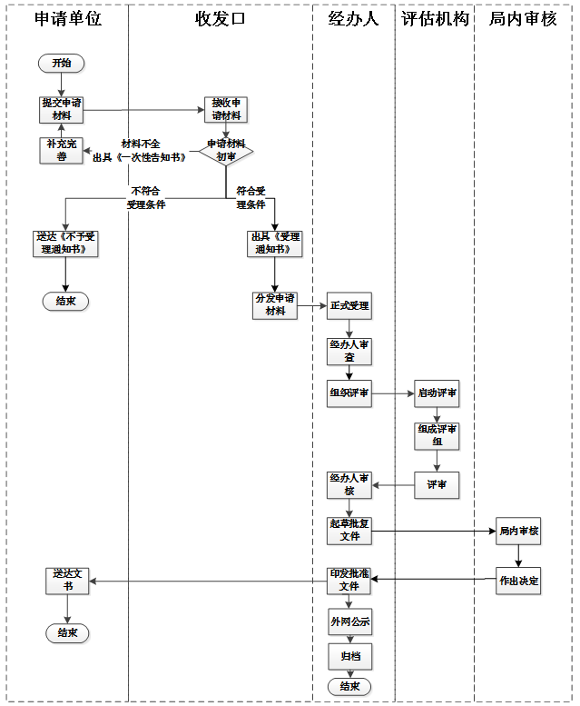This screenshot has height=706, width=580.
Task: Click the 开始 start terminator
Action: pyautogui.click(x=61, y=63)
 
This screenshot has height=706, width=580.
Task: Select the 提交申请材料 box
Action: pyautogui.click(x=61, y=109)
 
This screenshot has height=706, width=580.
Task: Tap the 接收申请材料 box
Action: pyautogui.click(x=226, y=109)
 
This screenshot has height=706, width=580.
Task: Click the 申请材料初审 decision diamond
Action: pyautogui.click(x=226, y=151)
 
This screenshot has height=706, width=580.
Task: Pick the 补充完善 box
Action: pyautogui.click(x=61, y=151)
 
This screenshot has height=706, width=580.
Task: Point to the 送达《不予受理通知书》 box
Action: pyautogui.click(x=65, y=244)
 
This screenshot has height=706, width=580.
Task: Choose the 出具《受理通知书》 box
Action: pyautogui.click(x=275, y=244)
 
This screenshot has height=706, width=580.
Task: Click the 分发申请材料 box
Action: pyautogui.click(x=275, y=305)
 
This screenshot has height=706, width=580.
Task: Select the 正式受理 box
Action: pyautogui.click(x=349, y=305)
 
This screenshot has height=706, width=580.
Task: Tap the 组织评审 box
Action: pyautogui.click(x=349, y=393)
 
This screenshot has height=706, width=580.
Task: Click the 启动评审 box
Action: pyautogui.click(x=437, y=393)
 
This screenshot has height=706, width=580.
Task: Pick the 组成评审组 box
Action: pyautogui.click(x=437, y=436)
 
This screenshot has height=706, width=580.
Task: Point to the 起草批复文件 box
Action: pyautogui.click(x=349, y=531)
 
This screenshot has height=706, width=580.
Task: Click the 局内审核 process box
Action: pyautogui.click(x=518, y=531)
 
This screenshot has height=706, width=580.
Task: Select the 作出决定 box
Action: pyautogui.click(x=518, y=581)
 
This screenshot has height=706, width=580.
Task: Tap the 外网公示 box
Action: pyautogui.click(x=350, y=621)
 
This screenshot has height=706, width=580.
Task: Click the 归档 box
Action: pyautogui.click(x=350, y=656)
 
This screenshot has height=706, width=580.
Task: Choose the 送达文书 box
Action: pyautogui.click(x=67, y=581)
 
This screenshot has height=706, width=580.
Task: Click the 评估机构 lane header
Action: pyautogui.click(x=435, y=19)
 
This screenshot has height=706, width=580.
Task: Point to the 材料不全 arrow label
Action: pyautogui.click(x=141, y=144)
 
